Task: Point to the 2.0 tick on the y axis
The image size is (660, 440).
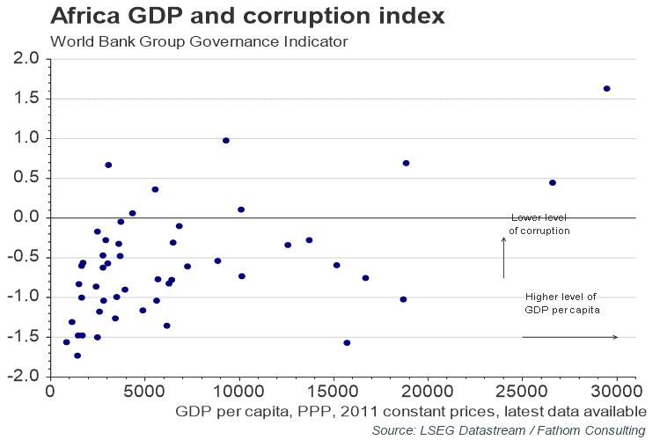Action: (x=24, y=59)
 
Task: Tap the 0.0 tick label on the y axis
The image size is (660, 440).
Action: (x=24, y=217)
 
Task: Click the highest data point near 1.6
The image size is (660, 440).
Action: (x=607, y=89)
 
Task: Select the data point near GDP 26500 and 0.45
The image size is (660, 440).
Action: (x=553, y=183)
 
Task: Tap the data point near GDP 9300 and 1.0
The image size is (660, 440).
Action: (x=226, y=141)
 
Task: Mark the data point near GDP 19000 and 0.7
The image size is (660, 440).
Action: (x=406, y=163)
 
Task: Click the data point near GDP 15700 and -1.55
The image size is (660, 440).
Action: (x=347, y=343)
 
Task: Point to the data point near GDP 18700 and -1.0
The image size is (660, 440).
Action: (x=403, y=299)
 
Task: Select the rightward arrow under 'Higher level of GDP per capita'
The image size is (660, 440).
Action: (x=569, y=337)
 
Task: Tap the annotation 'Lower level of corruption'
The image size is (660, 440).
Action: (x=540, y=224)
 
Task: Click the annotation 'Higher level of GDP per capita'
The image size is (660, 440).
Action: (x=561, y=304)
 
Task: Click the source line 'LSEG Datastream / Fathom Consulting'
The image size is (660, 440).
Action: (x=509, y=429)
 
